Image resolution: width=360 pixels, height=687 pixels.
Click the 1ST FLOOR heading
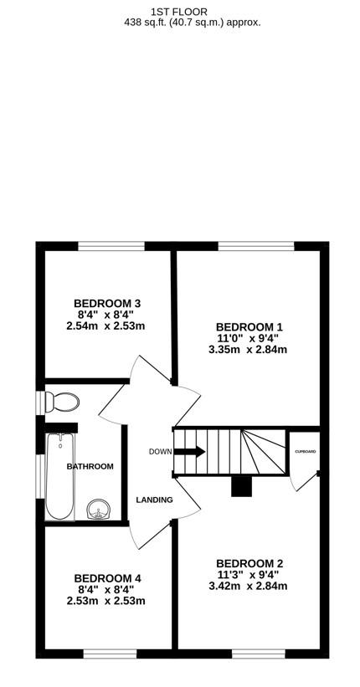(x=180, y=11)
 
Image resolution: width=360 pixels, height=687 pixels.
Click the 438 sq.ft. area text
(x=192, y=23)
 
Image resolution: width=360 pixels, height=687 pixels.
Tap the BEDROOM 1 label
(x=249, y=326)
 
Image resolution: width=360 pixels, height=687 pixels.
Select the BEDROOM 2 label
(x=249, y=563)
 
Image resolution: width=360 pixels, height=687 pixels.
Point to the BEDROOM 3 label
(x=107, y=303)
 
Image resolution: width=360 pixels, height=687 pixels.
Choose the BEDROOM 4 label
(x=107, y=577)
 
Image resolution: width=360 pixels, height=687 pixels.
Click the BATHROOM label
(x=90, y=466)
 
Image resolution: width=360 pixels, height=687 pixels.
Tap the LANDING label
(x=154, y=500)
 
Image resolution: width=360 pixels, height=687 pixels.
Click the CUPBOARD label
(x=306, y=452)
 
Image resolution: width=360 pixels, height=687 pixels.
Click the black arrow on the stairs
(x=190, y=452)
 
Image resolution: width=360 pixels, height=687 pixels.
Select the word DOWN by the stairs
(x=160, y=452)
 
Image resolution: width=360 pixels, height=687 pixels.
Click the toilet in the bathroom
(x=62, y=403)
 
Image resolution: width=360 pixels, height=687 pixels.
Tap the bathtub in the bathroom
(x=61, y=475)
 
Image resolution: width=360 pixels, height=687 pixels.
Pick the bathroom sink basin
(x=99, y=509)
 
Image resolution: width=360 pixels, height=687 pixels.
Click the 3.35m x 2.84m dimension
(x=248, y=350)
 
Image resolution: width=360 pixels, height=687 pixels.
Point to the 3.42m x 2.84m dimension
(x=248, y=587)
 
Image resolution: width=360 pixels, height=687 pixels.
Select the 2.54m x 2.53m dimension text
(x=105, y=326)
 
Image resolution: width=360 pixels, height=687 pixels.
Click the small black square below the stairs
(x=241, y=486)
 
